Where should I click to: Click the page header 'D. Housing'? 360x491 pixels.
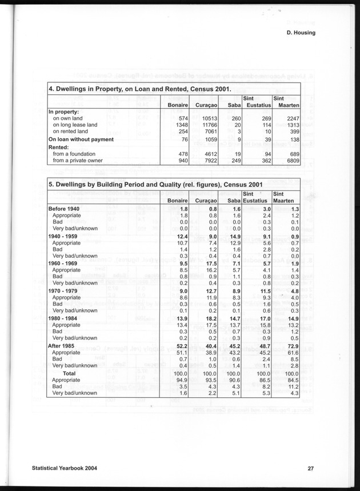click(x=301, y=33)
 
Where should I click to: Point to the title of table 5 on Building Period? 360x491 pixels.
click(x=155, y=185)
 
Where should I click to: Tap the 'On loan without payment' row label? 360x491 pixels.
click(x=81, y=139)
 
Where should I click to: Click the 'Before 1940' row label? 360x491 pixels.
click(x=64, y=209)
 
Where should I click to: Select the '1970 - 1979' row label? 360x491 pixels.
click(x=65, y=292)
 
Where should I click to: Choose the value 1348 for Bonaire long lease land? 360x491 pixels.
click(x=180, y=124)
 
